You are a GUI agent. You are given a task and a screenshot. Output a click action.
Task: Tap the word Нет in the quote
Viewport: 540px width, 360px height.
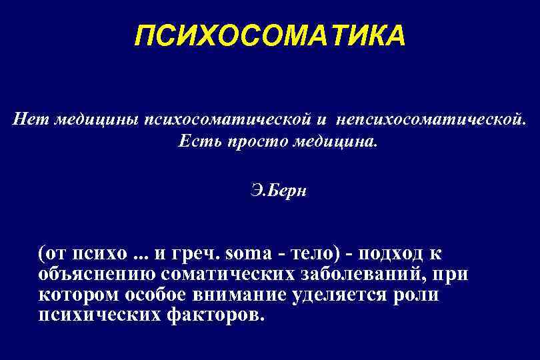(29, 120)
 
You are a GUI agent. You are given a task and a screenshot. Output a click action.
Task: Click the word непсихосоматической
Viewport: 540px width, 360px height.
(431, 120)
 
